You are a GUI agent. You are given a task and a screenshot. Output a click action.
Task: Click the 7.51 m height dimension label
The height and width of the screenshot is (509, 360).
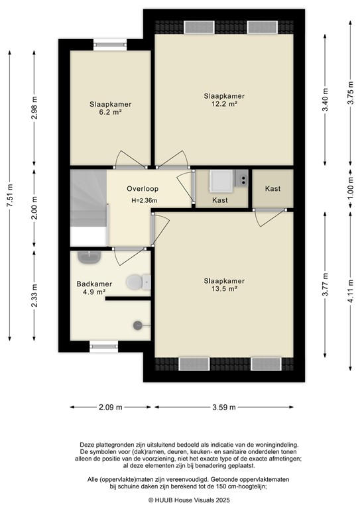10,196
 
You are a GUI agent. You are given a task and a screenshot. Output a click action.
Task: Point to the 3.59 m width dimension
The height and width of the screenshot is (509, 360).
223,408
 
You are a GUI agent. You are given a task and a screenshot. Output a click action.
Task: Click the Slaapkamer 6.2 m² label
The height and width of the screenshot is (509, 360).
111,108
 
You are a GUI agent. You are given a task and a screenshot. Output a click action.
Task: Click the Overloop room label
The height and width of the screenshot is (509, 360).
143,189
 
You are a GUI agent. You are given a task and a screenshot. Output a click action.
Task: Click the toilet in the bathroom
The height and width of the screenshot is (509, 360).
137,283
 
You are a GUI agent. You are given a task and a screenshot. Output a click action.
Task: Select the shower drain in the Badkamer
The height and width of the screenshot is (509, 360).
138,325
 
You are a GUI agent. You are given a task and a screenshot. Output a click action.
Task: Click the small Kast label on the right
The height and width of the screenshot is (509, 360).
272,189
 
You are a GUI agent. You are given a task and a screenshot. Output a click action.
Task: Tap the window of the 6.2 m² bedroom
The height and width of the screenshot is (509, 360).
109,44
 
